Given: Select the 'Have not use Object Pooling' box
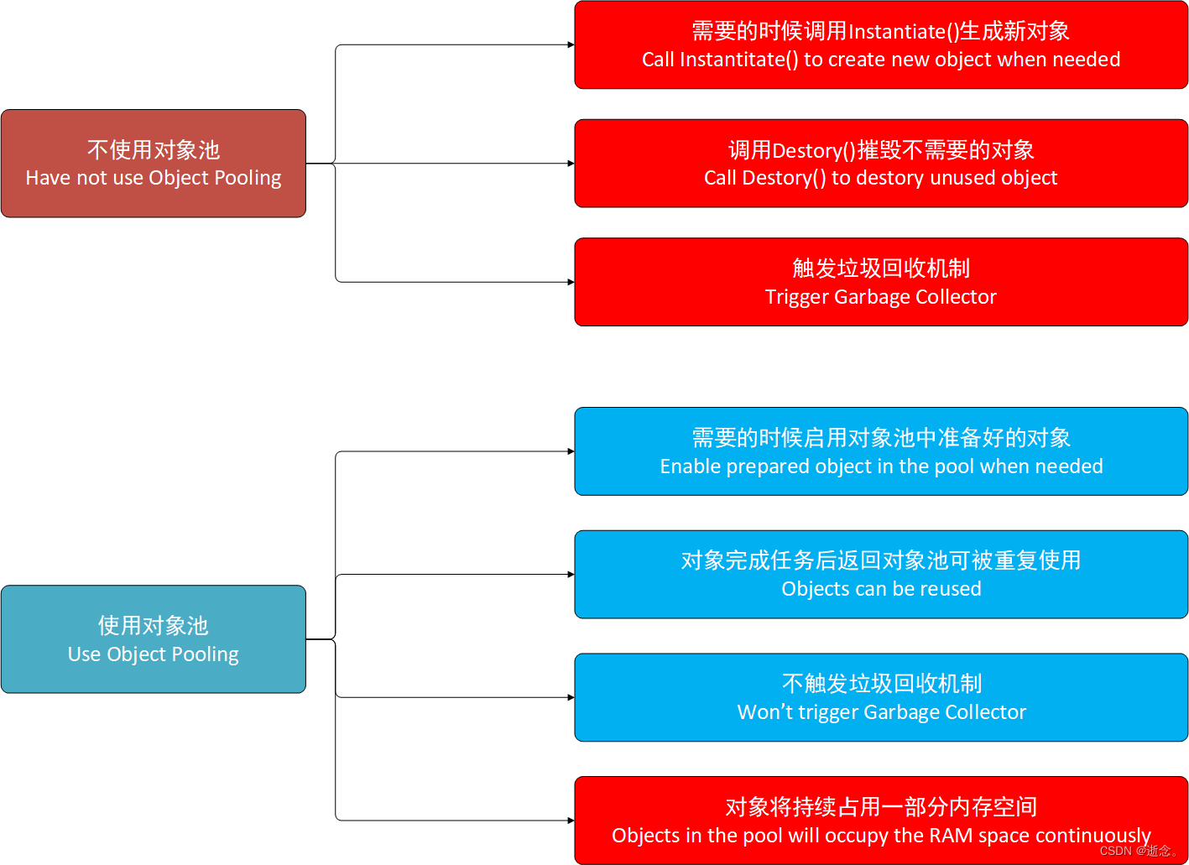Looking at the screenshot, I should [154, 164].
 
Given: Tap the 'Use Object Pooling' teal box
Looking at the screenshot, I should [154, 639].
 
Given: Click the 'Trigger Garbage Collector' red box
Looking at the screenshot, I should [881, 282].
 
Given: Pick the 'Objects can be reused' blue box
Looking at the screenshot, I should [881, 575].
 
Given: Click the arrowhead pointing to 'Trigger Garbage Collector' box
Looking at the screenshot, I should [571, 282].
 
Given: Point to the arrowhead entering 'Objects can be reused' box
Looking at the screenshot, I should [571, 575].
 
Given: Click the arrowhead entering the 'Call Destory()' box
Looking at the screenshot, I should [571, 164].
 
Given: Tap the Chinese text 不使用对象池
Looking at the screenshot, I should [154, 149].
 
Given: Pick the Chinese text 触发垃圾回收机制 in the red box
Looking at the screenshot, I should [881, 268].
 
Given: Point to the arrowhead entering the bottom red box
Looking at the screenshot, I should [571, 821].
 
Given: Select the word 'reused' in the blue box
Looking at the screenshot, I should [950, 589].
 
